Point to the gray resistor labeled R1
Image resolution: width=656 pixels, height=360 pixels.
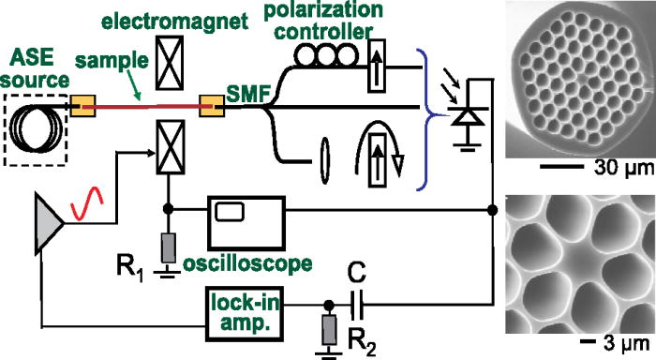[169, 248]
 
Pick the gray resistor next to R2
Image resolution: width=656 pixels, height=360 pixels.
[329, 329]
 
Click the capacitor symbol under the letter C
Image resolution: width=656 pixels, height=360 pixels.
[357, 305]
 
